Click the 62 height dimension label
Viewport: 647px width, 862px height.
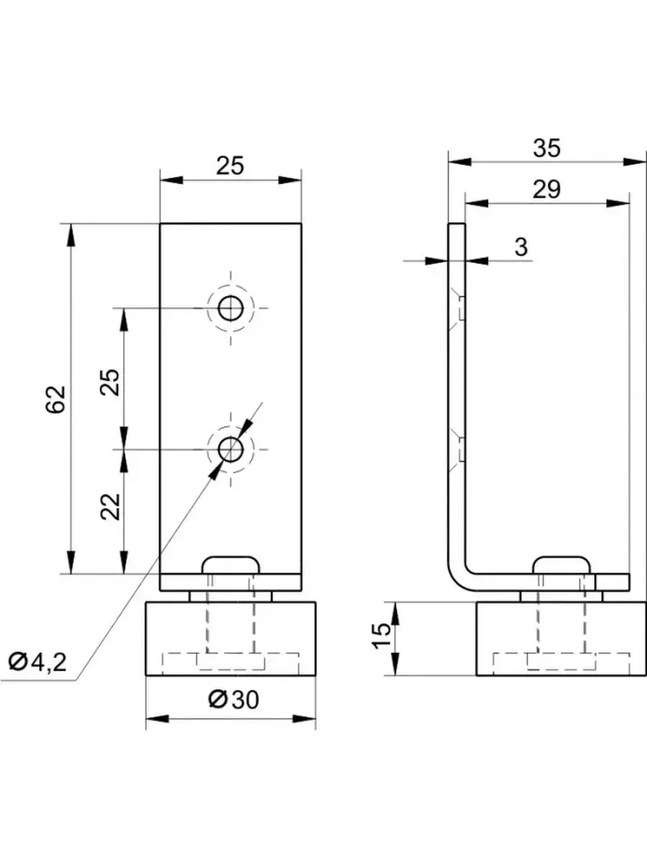point(57,399)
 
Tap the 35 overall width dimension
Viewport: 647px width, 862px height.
point(546,149)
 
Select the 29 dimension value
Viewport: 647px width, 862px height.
point(546,190)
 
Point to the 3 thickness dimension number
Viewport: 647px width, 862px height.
point(521,247)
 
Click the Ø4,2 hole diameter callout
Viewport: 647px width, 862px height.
point(37,661)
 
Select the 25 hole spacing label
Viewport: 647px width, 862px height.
point(109,379)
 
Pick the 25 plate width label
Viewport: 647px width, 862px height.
point(231,166)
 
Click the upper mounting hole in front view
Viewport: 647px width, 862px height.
point(231,309)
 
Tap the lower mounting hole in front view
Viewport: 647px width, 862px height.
point(231,450)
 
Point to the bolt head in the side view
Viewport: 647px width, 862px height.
point(564,564)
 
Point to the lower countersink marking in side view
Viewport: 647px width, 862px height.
point(457,450)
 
